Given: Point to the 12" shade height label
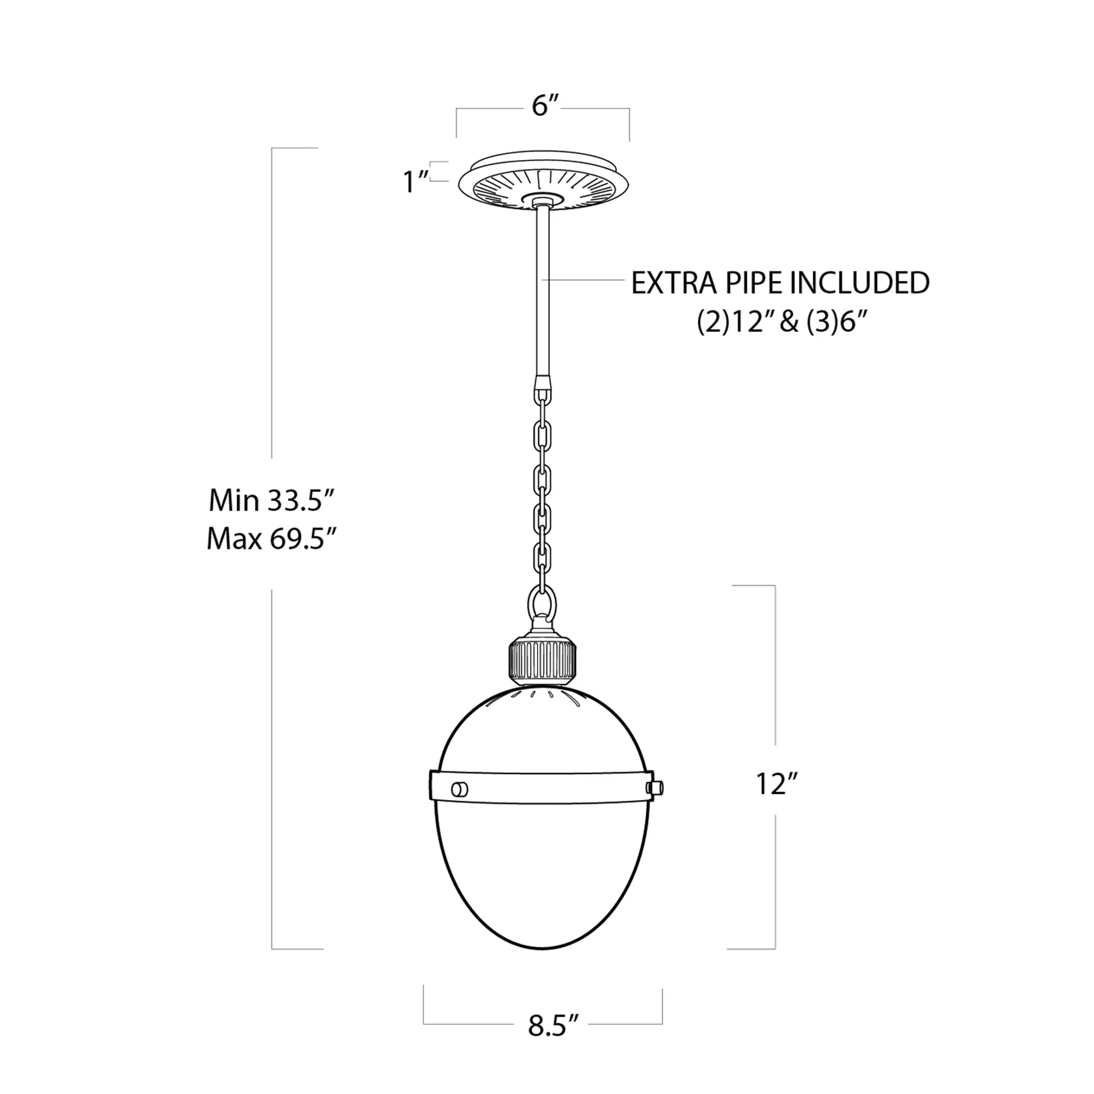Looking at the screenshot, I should pyautogui.click(x=776, y=784).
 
